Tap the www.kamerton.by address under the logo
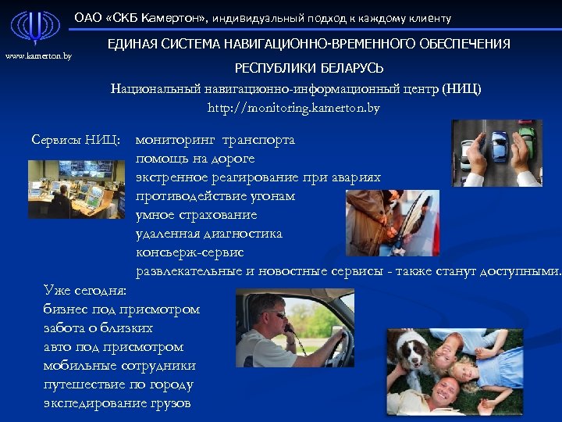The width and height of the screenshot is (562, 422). click(x=38, y=56)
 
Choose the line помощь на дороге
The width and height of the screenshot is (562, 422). click(x=194, y=159)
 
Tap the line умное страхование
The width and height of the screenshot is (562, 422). click(x=196, y=215)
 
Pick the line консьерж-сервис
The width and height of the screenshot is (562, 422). click(x=190, y=252)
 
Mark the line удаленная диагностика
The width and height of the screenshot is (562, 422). click(x=208, y=234)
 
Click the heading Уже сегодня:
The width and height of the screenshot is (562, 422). click(x=85, y=291)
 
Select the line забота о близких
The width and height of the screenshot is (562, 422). click(x=98, y=328)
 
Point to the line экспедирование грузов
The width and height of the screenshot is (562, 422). click(x=117, y=403)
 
